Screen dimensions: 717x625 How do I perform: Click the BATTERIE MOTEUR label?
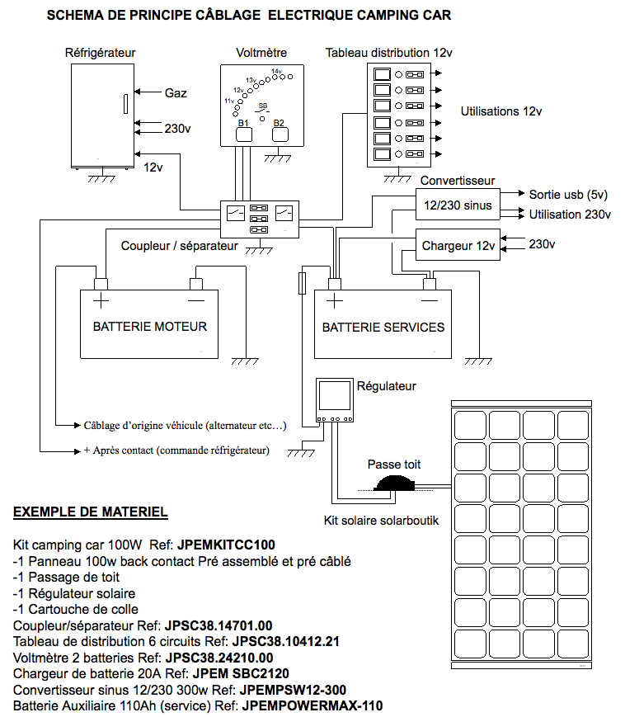click(149, 327)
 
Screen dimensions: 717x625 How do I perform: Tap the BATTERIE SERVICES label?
click(383, 328)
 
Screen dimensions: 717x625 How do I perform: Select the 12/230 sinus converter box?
click(456, 205)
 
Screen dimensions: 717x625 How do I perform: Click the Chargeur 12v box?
click(458, 245)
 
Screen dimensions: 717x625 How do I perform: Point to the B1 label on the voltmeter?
click(243, 123)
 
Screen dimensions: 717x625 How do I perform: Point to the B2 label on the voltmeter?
click(279, 123)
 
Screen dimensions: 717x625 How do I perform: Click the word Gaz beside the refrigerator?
click(176, 93)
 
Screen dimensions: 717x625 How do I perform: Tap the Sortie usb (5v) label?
click(568, 195)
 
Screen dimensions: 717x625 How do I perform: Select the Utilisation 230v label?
click(570, 215)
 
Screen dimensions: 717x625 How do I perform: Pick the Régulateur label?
click(386, 385)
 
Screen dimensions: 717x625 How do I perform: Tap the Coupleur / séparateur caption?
click(179, 246)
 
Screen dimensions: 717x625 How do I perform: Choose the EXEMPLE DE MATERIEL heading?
click(91, 512)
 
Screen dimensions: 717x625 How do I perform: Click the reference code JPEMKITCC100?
click(226, 545)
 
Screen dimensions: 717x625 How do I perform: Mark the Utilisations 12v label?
click(501, 111)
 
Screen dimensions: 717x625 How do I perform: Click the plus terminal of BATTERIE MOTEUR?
click(101, 283)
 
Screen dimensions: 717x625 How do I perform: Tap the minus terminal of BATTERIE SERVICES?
click(429, 283)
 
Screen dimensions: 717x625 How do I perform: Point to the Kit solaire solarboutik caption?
click(382, 521)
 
